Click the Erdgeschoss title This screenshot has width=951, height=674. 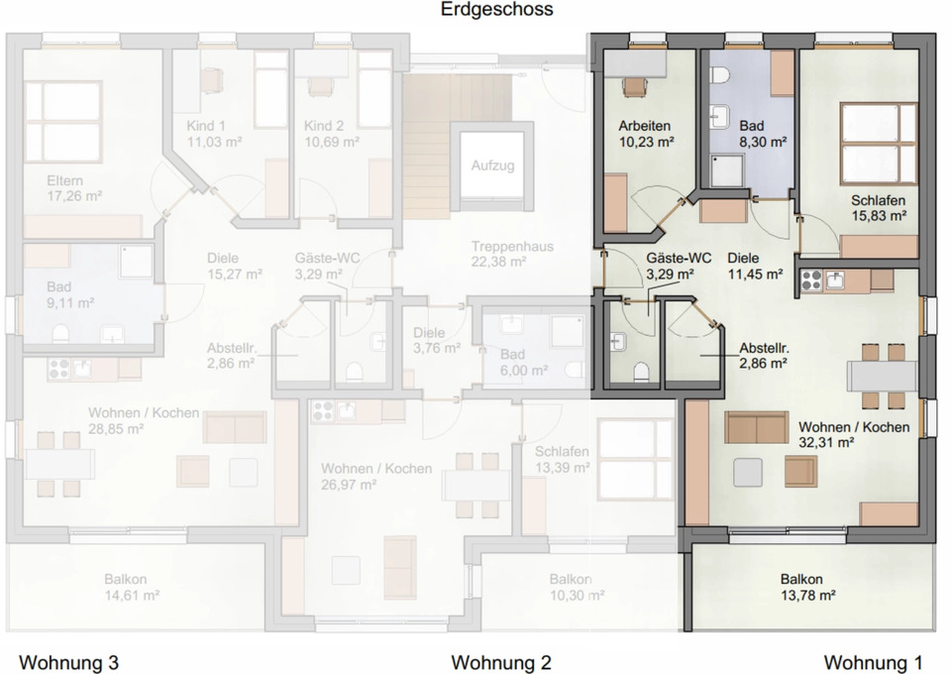[496, 9]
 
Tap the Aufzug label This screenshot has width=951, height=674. [492, 165]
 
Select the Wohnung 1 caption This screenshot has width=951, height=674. [873, 661]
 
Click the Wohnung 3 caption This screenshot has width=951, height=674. [69, 661]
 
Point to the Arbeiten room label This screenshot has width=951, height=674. [644, 126]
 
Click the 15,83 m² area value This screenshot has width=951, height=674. [878, 216]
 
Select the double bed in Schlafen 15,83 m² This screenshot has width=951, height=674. [879, 144]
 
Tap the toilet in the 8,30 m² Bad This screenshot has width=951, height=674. [720, 75]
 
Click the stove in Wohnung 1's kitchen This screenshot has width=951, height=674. [811, 281]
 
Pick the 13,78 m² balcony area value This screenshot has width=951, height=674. [808, 595]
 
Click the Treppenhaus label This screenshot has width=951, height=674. [512, 246]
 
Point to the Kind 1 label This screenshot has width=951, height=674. [206, 126]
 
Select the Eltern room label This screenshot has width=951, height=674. [65, 180]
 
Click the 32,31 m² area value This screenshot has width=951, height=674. [826, 443]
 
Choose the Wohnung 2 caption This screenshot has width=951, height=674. [501, 661]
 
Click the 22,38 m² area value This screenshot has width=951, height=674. [498, 262]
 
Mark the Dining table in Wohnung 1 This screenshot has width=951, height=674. [883, 376]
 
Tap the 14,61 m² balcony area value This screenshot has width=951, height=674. [132, 595]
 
